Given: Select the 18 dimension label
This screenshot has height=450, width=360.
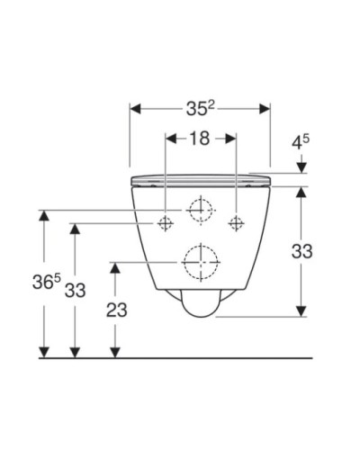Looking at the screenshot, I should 201,139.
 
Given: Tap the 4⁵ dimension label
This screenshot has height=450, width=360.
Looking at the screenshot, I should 301,143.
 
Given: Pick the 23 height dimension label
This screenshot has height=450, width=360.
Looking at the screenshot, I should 116,310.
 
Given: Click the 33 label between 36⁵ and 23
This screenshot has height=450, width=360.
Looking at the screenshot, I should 75,291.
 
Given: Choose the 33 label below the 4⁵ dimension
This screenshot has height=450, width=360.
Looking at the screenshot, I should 301,252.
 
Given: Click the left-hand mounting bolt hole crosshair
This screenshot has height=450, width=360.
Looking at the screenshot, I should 166,222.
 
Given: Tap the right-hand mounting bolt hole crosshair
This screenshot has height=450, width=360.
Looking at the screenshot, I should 236,222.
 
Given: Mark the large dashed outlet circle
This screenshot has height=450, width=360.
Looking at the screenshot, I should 201,262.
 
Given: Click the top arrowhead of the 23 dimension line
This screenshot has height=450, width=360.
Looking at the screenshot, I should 114,266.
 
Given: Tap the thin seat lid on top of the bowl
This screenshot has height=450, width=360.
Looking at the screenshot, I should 201,178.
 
